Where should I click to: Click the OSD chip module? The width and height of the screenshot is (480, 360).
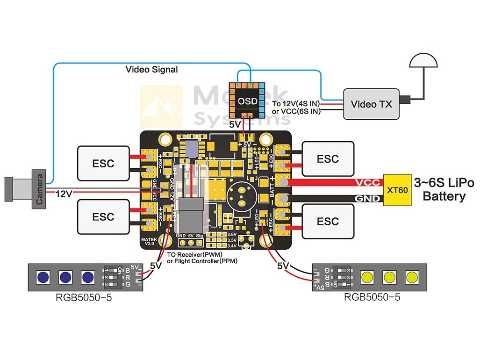(x=248, y=101)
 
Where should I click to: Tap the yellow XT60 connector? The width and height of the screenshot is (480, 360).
(x=398, y=190)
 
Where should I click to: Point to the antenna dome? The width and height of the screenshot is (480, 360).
(x=423, y=61)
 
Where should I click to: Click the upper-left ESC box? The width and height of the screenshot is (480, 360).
(x=103, y=163)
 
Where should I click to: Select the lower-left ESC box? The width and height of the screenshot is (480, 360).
(x=103, y=216)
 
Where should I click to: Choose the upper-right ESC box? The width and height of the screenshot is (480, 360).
(x=328, y=159)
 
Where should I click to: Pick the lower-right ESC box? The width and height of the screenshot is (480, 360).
(x=328, y=221)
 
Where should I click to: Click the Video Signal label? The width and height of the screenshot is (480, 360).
(x=151, y=70)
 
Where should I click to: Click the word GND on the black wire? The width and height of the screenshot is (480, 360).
(x=367, y=199)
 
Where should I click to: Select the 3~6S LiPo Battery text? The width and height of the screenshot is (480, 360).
(x=444, y=189)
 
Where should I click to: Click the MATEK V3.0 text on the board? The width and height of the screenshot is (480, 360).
(x=150, y=241)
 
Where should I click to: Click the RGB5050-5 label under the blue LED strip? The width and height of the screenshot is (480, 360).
(x=84, y=298)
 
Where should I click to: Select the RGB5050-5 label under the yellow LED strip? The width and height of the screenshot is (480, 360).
(x=372, y=297)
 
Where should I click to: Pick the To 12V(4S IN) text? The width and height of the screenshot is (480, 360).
(x=295, y=103)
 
